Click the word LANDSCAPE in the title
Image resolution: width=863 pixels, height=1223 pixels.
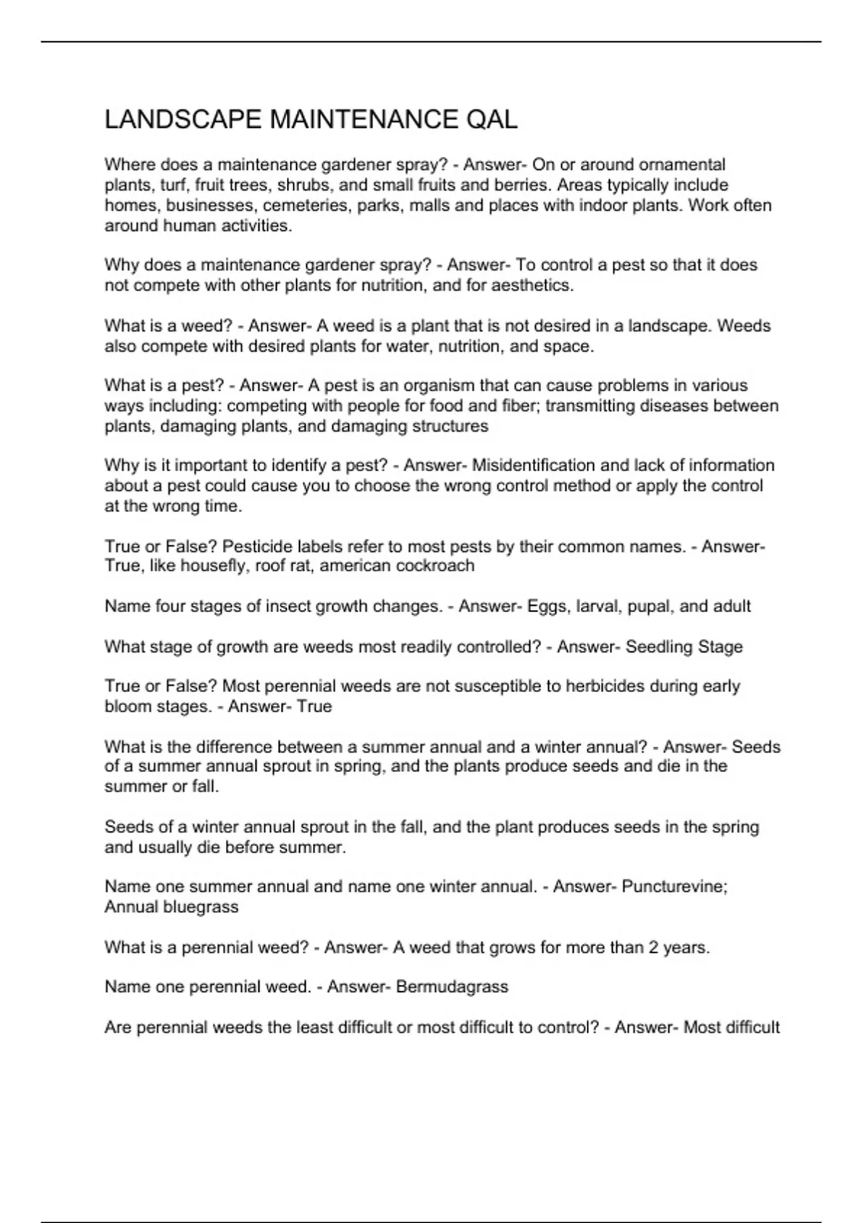pos(183,119)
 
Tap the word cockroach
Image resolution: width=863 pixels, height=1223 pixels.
pos(436,566)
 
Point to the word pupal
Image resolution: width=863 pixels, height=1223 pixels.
pos(649,606)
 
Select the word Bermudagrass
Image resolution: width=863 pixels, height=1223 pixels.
pos(452,986)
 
